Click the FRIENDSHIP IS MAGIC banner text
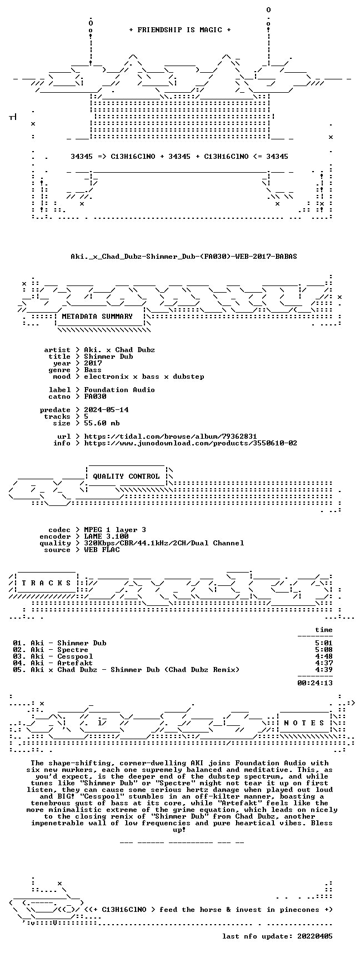click(179, 30)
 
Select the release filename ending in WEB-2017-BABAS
click(184, 257)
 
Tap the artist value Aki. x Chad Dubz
click(119, 350)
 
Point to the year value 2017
click(93, 363)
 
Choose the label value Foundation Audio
click(119, 390)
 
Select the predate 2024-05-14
click(106, 410)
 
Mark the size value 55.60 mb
click(102, 423)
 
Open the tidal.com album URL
click(171, 437)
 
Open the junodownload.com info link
click(191, 443)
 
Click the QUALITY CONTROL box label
click(126, 476)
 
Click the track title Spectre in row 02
click(73, 650)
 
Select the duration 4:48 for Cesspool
click(324, 656)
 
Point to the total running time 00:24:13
click(315, 683)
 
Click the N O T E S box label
click(304, 723)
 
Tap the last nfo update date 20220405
click(315, 936)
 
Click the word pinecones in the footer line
click(304, 910)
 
